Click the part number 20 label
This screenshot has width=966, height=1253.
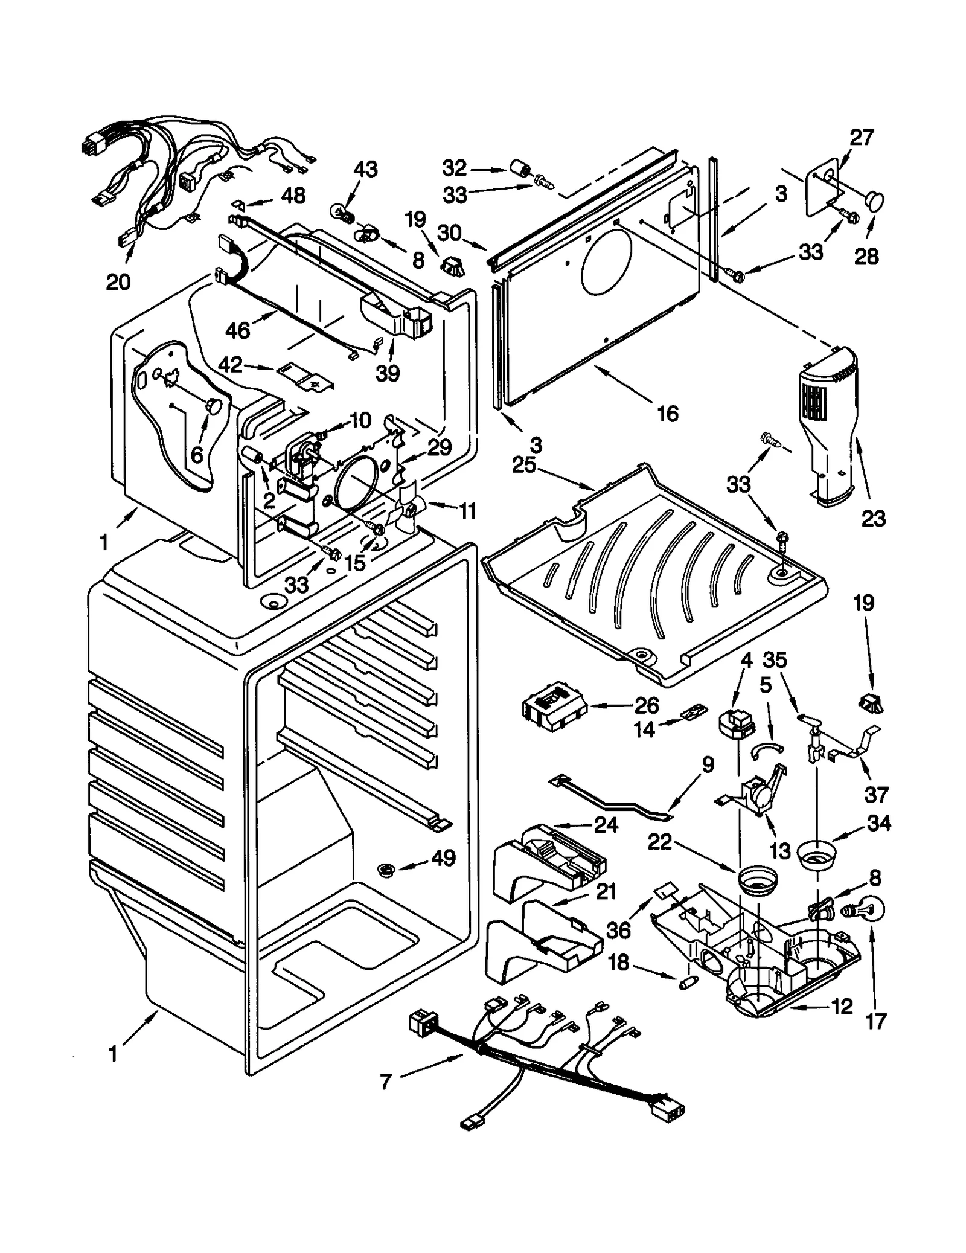point(118,282)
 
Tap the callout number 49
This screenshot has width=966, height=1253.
point(444,858)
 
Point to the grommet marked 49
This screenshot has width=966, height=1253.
point(385,870)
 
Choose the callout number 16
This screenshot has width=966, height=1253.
point(668,414)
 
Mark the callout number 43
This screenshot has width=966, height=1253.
point(365,170)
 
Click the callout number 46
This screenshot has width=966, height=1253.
point(238,330)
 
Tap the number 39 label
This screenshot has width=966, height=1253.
point(388,373)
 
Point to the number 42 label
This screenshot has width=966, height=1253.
point(230,365)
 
